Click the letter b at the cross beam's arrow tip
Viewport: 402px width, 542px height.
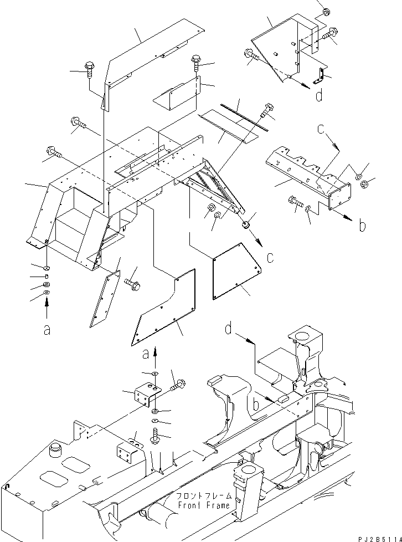point(362,226)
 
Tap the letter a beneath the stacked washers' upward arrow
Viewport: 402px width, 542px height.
point(47,329)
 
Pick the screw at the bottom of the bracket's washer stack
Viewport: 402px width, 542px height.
point(154,436)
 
